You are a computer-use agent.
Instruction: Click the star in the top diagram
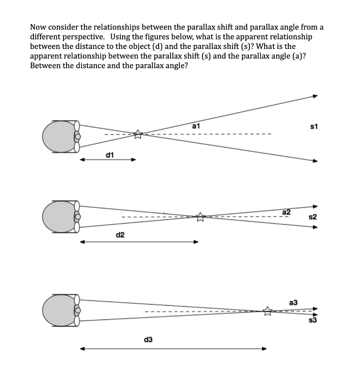[138, 134]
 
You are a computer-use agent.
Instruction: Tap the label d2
[120, 235]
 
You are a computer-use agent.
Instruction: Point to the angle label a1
[196, 125]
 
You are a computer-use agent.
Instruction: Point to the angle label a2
[287, 212]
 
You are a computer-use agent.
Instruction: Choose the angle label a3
[293, 302]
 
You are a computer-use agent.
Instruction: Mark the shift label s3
[313, 320]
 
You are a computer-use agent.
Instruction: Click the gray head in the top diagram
[57, 137]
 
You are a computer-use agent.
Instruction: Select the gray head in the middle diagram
[57, 217]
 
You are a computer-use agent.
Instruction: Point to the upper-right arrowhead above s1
[315, 96]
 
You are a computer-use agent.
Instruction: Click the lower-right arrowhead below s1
[315, 161]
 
